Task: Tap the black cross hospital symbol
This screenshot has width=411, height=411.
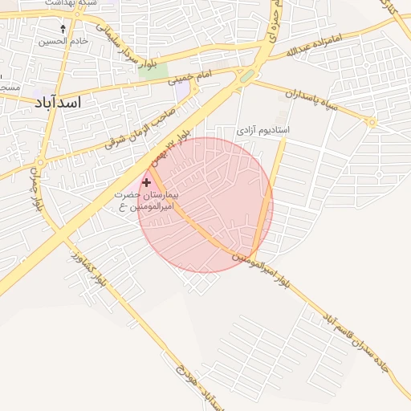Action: click(x=145, y=183)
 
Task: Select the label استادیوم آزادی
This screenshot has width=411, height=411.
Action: click(x=263, y=129)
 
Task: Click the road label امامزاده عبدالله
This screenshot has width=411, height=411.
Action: click(x=319, y=45)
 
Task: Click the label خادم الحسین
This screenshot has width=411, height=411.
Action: click(x=62, y=39)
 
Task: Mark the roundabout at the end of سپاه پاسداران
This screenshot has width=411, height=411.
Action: click(x=371, y=123)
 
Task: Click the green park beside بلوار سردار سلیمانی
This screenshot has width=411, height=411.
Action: click(x=147, y=68)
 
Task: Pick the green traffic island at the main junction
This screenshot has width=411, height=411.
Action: click(x=248, y=75)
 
